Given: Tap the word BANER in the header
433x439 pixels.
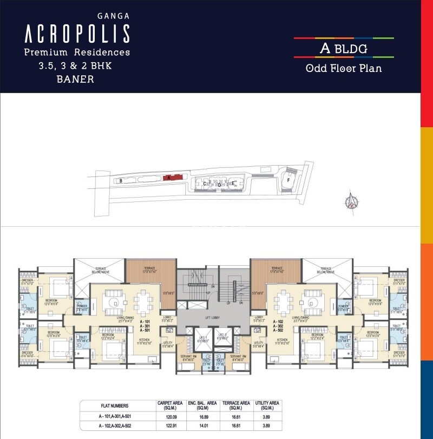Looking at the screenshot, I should (x=75, y=79).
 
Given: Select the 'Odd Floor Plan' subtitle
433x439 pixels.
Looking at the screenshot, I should (x=344, y=68).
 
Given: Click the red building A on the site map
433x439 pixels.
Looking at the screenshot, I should (x=168, y=177).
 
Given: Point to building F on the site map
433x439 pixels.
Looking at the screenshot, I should (x=288, y=179).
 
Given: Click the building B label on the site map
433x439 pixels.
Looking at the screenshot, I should (x=121, y=180).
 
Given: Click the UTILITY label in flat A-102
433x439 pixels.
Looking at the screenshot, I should (x=258, y=343).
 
